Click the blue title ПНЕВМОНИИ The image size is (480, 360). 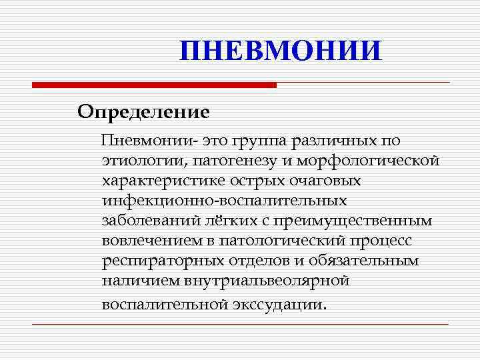281,51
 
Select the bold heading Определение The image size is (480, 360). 143,111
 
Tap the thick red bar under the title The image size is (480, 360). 154,85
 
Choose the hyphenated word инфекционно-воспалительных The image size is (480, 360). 224,201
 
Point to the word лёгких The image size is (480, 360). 220,221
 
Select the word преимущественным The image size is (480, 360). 347,221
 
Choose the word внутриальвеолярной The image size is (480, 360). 259,281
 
